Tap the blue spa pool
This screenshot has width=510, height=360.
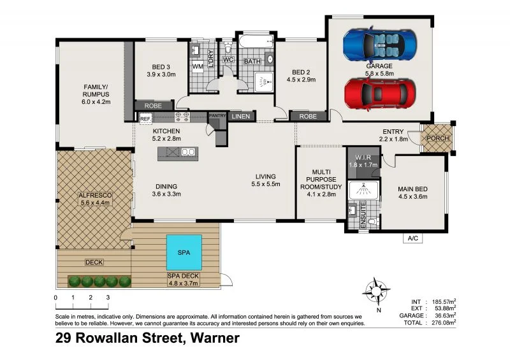[x=184, y=252]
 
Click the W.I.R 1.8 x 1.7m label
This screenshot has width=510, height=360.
[x=363, y=161]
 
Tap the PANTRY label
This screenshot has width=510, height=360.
[x=217, y=115]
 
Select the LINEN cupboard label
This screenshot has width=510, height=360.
[x=241, y=116]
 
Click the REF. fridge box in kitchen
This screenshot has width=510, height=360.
[x=145, y=119]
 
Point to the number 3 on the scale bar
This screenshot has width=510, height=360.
[x=108, y=298]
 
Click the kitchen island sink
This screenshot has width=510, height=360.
[x=188, y=152]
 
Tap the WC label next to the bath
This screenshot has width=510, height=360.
[x=228, y=59]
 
